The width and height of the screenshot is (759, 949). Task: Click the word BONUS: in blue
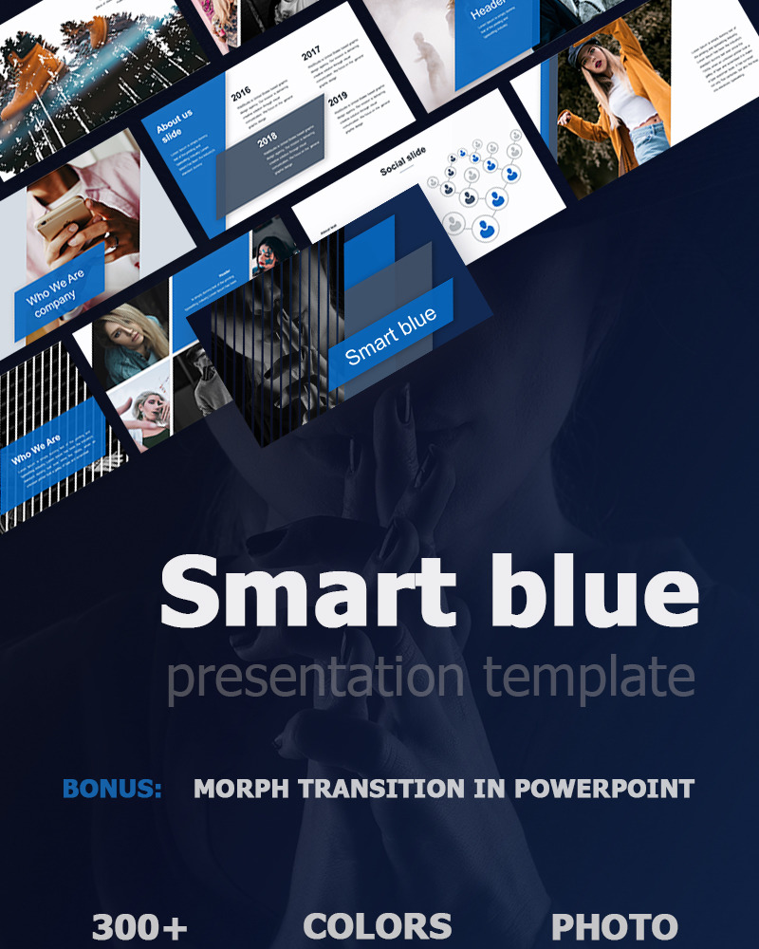[112, 789]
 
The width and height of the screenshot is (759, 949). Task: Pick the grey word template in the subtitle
[588, 678]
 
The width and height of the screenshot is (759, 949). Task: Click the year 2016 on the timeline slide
[240, 92]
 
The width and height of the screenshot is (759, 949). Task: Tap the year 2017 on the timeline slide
[311, 55]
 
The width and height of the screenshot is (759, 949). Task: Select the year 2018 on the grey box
[267, 141]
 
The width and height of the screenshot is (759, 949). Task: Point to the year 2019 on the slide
[337, 101]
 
